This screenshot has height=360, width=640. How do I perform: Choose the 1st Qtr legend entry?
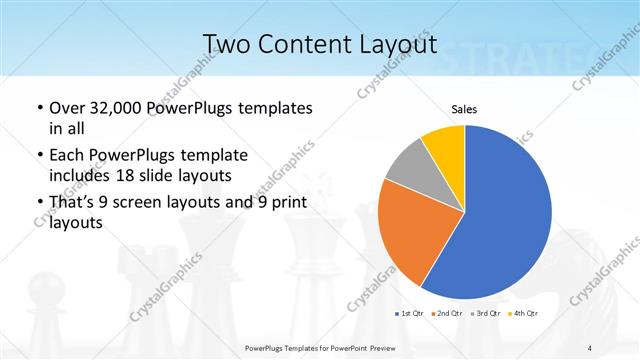411,314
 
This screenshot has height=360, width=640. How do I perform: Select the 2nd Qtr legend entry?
448,314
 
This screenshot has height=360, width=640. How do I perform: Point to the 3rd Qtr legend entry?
487,314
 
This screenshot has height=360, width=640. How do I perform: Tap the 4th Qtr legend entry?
525,314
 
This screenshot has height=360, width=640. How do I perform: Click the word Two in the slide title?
226,44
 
